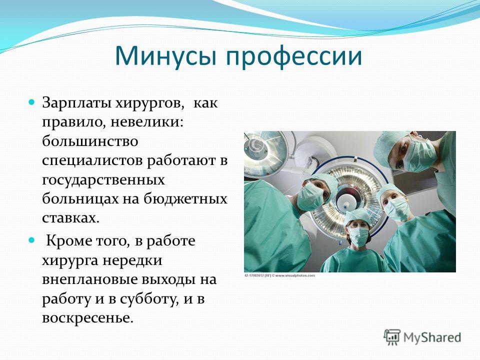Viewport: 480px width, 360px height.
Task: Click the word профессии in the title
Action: click(294, 57)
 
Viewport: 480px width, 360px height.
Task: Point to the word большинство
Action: click(90, 141)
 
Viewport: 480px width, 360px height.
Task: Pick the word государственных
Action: click(103, 180)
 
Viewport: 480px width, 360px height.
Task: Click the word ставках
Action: click(70, 218)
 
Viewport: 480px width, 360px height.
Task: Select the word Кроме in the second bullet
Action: click(69, 241)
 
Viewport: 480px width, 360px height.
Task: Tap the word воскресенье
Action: click(87, 318)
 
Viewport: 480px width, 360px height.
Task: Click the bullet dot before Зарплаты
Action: click(31, 102)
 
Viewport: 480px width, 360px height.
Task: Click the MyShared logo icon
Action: click(392, 337)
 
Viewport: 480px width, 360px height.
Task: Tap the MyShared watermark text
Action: click(432, 337)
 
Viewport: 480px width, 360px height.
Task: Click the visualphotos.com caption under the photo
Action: click(279, 275)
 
